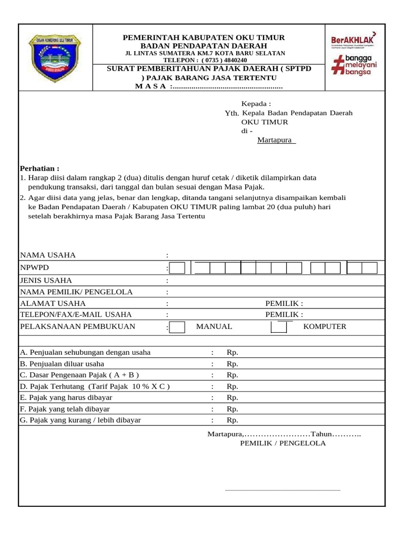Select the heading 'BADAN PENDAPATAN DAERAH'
(204, 46)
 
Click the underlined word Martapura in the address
(276, 140)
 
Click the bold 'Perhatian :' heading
(39, 168)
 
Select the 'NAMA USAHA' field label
(48, 255)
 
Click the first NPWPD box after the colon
(177, 268)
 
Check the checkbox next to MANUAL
(177, 327)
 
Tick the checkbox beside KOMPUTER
(279, 327)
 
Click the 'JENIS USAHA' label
(46, 280)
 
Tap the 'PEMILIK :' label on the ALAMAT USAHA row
(284, 304)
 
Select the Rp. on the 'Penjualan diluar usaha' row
(233, 364)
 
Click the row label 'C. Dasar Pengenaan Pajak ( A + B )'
(79, 375)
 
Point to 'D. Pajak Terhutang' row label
(95, 386)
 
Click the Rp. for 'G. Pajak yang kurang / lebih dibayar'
(233, 420)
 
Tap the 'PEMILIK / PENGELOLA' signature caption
(282, 443)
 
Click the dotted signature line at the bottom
(282, 490)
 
